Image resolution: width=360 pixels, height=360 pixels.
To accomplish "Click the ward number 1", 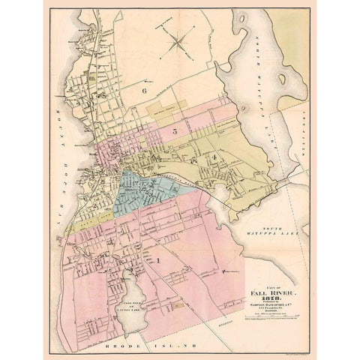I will coord(159,259).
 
